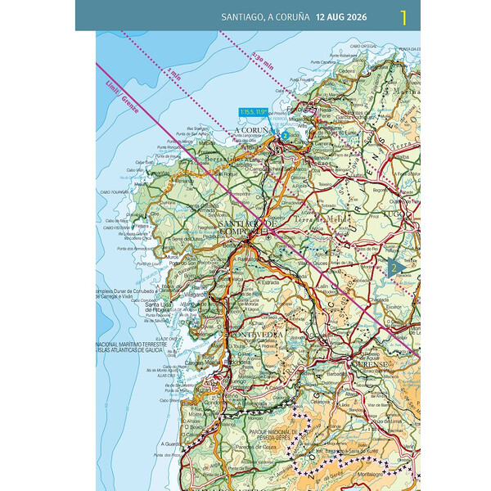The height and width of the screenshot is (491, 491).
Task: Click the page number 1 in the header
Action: point(403,16)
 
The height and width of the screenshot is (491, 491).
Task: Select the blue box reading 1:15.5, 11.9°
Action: point(254,112)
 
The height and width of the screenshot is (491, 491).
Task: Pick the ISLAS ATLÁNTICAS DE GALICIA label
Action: point(131,349)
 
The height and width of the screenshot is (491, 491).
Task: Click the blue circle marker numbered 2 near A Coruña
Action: point(285,135)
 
